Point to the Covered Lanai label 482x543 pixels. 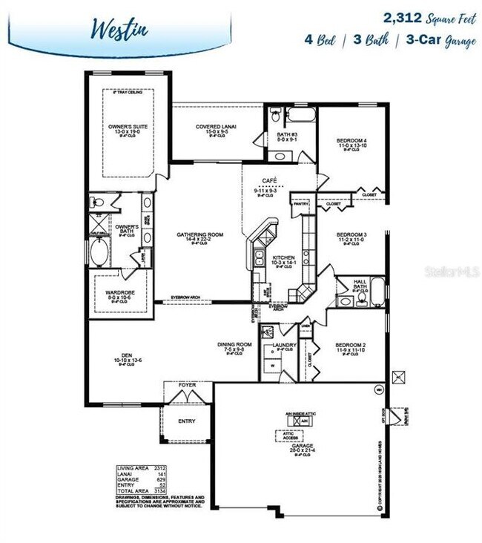pyautogui.click(x=216, y=127)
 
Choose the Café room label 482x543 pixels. pyautogui.click(x=269, y=181)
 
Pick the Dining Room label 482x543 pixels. pyautogui.click(x=234, y=344)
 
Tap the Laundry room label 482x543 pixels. pyautogui.click(x=284, y=345)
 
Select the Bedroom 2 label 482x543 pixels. pyautogui.click(x=351, y=345)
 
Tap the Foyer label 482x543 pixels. pyautogui.click(x=188, y=385)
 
